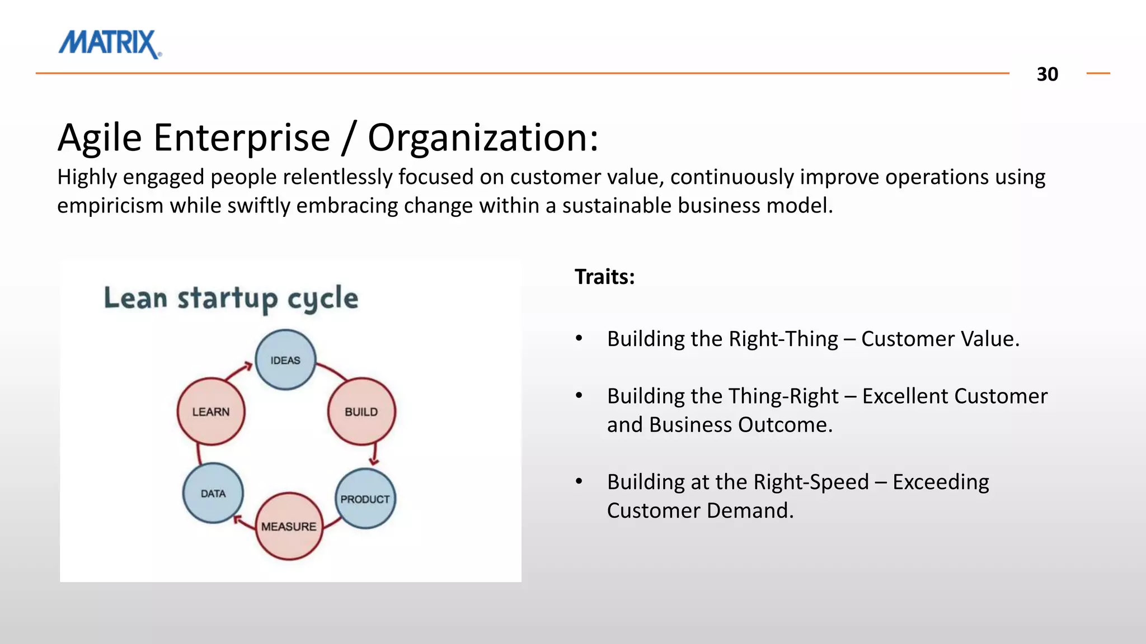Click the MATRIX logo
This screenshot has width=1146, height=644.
(110, 44)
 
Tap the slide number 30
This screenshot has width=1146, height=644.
(1047, 74)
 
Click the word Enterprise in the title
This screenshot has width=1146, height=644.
(242, 138)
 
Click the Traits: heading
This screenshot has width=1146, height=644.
(604, 277)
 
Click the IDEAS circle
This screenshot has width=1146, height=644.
(285, 360)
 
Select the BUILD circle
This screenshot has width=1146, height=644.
(361, 412)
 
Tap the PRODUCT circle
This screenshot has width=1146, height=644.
(365, 499)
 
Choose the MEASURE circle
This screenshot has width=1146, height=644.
(289, 526)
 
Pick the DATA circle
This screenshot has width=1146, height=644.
(213, 493)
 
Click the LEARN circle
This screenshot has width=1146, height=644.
(211, 412)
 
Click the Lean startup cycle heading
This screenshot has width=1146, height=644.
(231, 298)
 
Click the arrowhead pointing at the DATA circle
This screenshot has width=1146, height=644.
(238, 520)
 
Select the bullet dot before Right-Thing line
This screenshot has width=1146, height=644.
(579, 339)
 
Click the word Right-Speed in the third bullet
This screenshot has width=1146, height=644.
(811, 482)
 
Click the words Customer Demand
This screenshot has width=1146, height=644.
(699, 510)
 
